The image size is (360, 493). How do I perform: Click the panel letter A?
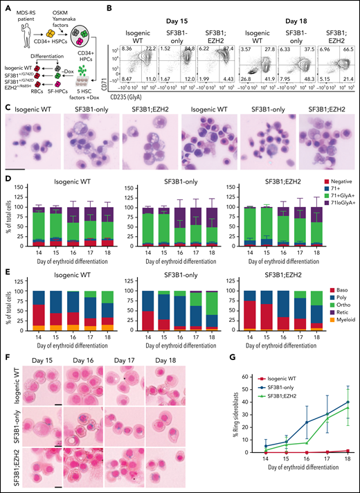pos(4,6)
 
